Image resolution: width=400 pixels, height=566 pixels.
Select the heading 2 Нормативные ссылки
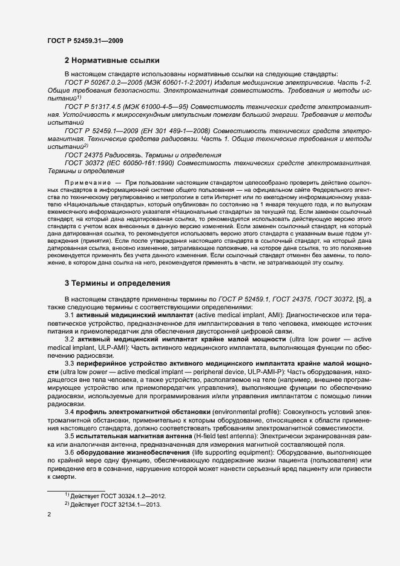(112, 61)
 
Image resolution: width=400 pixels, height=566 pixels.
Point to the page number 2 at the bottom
(50, 515)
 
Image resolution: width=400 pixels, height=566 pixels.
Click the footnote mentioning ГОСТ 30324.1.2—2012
(110, 496)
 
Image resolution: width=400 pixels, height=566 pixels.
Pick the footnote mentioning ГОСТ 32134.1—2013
(110, 504)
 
